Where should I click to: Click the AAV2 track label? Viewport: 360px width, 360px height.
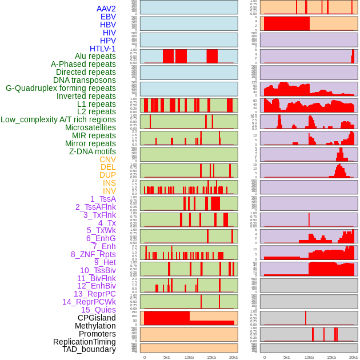pos(106,9)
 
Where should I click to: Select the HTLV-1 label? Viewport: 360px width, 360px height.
pos(102,49)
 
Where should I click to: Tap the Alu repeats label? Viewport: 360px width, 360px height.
pos(95,56)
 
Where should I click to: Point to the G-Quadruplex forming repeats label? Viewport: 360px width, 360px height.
pos(61,88)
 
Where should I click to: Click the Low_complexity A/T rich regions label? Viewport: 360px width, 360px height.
pos(58,119)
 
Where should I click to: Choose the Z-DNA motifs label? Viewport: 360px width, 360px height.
pos(92,151)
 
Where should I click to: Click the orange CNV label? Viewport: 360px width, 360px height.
pos(107,159)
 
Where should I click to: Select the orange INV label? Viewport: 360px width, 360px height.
pos(109,191)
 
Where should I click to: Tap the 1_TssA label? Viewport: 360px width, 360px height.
pos(103,199)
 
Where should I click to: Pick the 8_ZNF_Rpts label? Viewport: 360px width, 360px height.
pos(93,254)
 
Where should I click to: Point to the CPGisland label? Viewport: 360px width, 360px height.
pos(97,318)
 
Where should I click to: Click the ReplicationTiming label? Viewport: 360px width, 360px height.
pos(85,342)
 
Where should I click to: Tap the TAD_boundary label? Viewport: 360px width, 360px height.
pos(89,349)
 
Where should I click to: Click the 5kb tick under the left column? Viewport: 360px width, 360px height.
pos(167,357)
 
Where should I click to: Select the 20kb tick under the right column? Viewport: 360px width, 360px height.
pos(354,357)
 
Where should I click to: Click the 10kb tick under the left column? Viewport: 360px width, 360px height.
pos(189,357)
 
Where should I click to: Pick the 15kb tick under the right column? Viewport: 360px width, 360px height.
pos(331,357)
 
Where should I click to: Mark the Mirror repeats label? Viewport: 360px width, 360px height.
pos(90,143)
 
